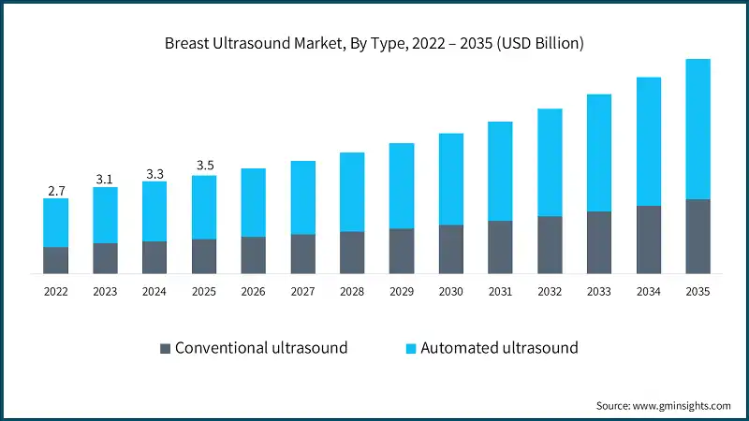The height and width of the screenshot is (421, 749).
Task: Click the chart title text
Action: tap(374, 43)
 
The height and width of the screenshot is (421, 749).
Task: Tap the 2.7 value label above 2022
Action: tap(56, 191)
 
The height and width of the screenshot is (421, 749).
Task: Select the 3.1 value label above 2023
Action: tap(105, 179)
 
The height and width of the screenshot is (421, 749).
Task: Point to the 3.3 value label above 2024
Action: tap(154, 174)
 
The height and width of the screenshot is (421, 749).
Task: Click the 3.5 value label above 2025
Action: tap(204, 167)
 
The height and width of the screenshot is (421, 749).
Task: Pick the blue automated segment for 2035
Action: tap(698, 129)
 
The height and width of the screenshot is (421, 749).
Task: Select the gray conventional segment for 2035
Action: tap(698, 236)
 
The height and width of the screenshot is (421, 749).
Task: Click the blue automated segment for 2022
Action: tap(56, 223)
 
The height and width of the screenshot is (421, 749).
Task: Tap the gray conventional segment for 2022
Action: tap(56, 260)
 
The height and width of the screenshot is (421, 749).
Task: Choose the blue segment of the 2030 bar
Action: tap(451, 179)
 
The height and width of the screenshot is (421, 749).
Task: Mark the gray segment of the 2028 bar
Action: tap(352, 253)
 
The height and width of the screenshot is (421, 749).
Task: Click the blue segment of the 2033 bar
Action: tap(599, 152)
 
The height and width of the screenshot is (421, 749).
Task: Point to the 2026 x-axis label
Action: tap(254, 292)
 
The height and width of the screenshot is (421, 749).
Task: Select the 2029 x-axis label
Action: tap(402, 292)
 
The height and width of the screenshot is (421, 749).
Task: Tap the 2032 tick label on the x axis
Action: tap(550, 292)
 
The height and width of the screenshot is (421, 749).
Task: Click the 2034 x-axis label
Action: tap(648, 292)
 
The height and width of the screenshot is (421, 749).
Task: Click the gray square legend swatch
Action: tap(166, 348)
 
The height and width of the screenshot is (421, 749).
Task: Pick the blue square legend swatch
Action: tap(409, 348)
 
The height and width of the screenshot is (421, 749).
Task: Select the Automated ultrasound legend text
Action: tap(499, 348)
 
